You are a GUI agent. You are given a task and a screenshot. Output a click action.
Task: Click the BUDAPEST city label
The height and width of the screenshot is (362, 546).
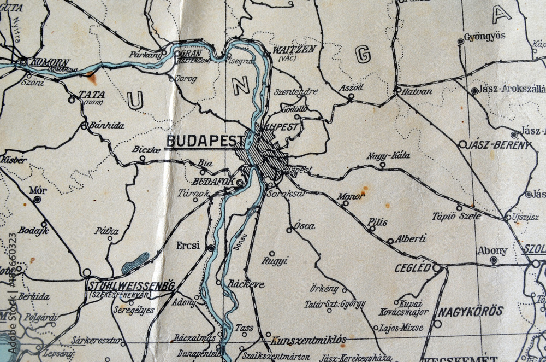click(x=205, y=141)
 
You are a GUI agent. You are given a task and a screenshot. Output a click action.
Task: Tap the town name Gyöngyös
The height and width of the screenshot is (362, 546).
click(x=484, y=37)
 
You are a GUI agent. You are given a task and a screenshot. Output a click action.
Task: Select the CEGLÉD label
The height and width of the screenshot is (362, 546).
click(x=413, y=268)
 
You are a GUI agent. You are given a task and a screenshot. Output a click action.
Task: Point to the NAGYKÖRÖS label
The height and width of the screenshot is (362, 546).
click(x=470, y=311)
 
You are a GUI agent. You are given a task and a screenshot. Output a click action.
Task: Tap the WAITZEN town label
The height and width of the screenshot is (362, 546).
click(x=294, y=49)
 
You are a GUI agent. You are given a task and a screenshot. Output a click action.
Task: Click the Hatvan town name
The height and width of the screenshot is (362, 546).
click(x=417, y=92)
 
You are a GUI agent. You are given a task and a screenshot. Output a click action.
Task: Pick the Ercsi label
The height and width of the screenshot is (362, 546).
click(x=188, y=246)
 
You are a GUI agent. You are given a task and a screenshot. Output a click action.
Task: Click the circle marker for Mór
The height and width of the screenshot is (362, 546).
click(x=37, y=200)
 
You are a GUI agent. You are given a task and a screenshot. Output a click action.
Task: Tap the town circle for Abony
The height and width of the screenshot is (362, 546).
click(x=494, y=260)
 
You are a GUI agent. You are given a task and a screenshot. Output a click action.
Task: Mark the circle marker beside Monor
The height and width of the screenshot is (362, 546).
click(x=345, y=203)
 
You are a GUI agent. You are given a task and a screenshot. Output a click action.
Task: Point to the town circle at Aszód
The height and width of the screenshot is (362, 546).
click(x=351, y=96)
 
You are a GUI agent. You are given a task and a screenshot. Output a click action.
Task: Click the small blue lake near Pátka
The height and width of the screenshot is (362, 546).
click(x=135, y=263)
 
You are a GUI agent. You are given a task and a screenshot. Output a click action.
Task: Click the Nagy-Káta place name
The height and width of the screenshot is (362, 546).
click(x=388, y=155)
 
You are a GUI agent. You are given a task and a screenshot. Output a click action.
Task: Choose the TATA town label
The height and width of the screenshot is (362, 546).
click(x=92, y=95)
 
